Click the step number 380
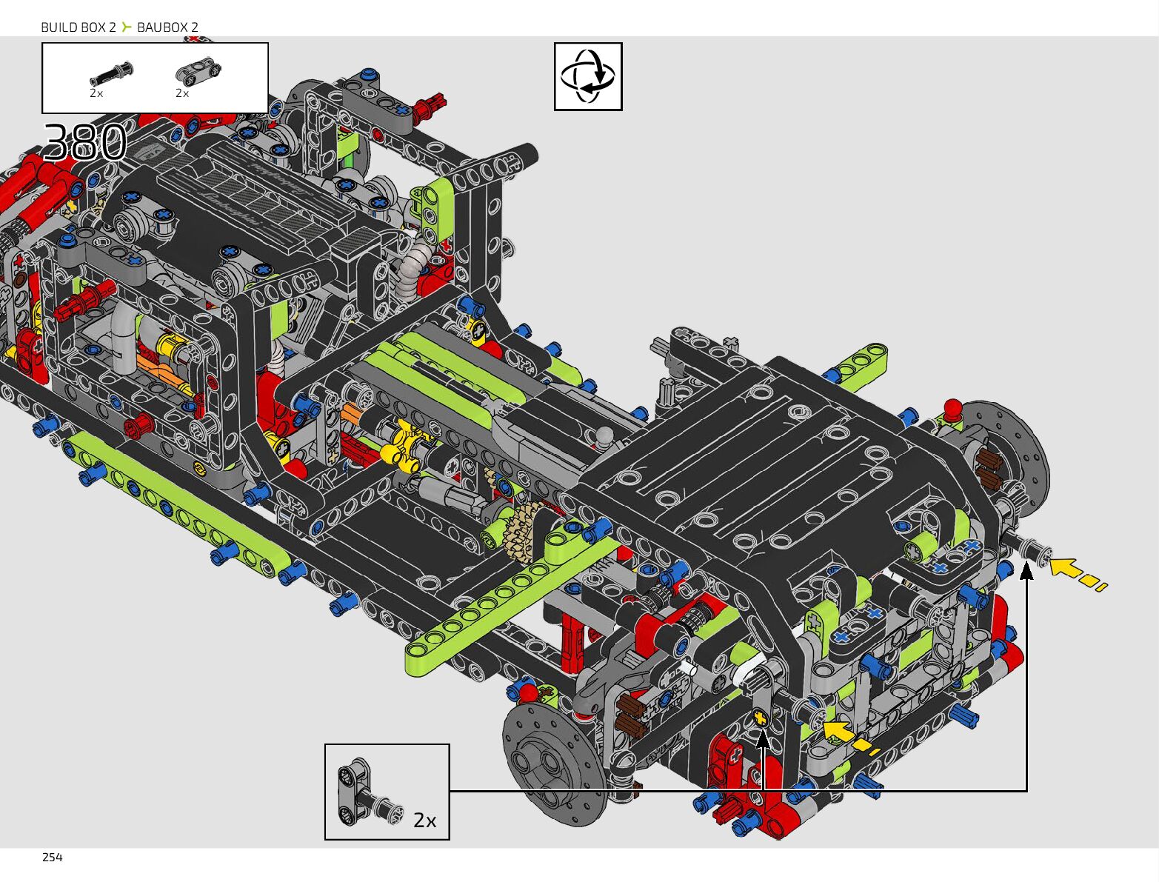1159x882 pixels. [x=85, y=141]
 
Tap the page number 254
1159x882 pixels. [x=53, y=858]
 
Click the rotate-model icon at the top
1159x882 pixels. [x=588, y=76]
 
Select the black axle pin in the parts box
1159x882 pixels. [x=111, y=73]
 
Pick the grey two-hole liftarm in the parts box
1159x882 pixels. [x=198, y=71]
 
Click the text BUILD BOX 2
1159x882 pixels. [x=79, y=27]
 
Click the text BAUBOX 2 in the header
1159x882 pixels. [x=167, y=27]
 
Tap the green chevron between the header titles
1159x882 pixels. [x=126, y=27]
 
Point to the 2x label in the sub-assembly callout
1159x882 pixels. [x=424, y=821]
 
